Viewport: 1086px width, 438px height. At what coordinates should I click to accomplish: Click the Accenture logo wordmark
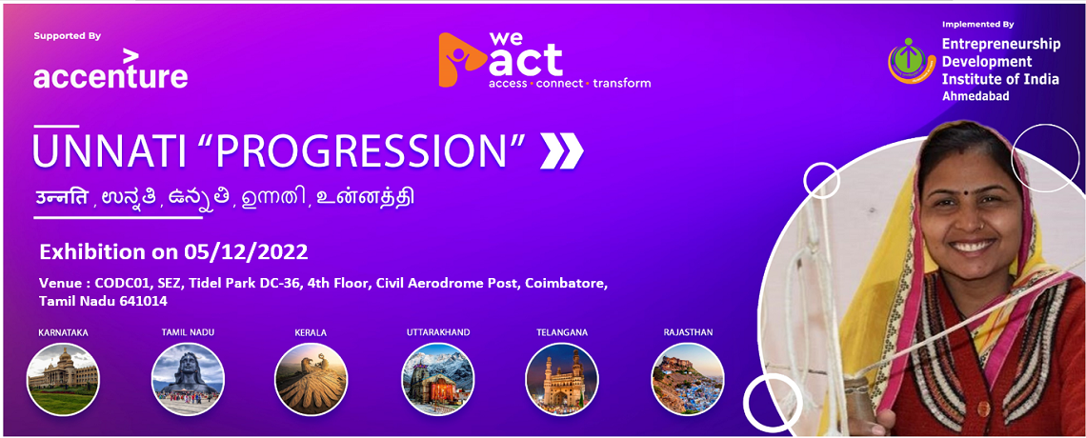click(111, 70)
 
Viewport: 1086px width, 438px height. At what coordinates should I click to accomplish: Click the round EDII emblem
click(912, 62)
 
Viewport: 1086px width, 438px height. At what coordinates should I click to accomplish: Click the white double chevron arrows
click(562, 150)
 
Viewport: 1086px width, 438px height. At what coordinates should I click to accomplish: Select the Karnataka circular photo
click(63, 379)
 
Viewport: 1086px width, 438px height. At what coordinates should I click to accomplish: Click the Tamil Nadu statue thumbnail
click(188, 379)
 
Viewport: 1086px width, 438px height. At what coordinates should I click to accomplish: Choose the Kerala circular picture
click(311, 379)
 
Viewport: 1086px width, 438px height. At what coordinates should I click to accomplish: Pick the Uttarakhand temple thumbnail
click(438, 379)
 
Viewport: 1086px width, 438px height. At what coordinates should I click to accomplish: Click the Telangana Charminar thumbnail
click(562, 379)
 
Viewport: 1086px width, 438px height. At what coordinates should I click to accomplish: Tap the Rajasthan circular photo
click(688, 379)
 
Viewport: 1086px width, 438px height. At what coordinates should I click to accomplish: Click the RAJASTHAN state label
click(688, 332)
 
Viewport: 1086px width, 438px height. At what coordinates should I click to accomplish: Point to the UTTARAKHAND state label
click(438, 332)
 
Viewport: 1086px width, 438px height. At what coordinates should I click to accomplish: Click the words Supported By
click(68, 36)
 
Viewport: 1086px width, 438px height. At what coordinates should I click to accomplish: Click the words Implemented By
click(978, 24)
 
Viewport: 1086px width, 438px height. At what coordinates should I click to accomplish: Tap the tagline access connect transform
click(570, 83)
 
